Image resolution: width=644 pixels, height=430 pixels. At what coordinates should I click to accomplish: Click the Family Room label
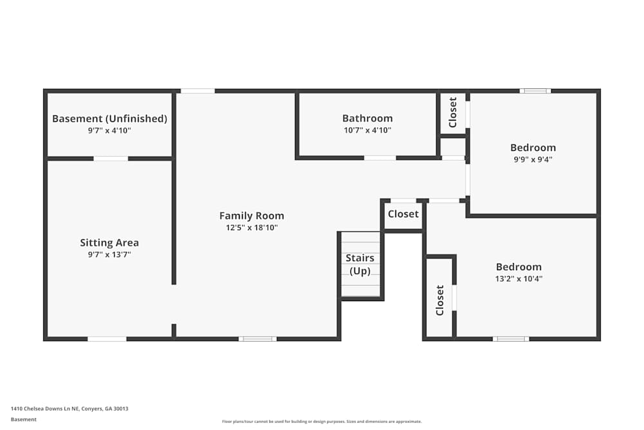(x=251, y=216)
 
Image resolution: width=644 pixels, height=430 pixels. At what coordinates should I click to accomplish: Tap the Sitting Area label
(x=109, y=243)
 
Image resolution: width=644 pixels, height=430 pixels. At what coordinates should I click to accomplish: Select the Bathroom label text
(x=367, y=118)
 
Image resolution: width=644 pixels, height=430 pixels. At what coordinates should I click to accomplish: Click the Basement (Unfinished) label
(x=109, y=119)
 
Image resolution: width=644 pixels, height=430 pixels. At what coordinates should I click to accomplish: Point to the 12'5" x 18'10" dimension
(x=251, y=228)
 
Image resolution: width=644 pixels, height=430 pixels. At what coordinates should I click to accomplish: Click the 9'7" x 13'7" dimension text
(x=109, y=255)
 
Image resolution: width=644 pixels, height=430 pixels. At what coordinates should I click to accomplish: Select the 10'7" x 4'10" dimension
(x=367, y=130)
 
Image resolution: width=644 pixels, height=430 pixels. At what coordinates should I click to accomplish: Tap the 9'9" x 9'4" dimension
(x=533, y=159)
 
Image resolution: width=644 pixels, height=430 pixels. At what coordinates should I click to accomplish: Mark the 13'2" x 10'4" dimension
(x=518, y=279)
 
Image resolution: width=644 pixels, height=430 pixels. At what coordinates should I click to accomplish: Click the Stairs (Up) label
(x=360, y=264)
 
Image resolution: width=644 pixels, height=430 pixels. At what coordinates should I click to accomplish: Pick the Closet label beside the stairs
(x=403, y=214)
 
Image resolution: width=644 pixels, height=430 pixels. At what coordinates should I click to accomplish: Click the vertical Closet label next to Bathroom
(x=453, y=112)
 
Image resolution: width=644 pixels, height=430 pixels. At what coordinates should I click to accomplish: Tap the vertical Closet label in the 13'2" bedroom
(x=440, y=300)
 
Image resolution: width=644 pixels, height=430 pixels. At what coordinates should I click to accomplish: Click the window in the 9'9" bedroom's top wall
(x=535, y=91)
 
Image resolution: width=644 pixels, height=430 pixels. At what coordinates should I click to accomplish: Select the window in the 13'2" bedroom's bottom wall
(x=511, y=338)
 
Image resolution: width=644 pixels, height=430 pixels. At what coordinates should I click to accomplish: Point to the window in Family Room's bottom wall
(x=258, y=338)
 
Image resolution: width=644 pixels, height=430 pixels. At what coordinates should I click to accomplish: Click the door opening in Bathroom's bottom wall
(x=380, y=157)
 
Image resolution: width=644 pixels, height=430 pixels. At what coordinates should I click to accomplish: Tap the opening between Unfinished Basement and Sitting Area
(x=111, y=158)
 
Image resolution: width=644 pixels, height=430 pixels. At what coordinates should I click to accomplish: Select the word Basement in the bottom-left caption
(x=24, y=420)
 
